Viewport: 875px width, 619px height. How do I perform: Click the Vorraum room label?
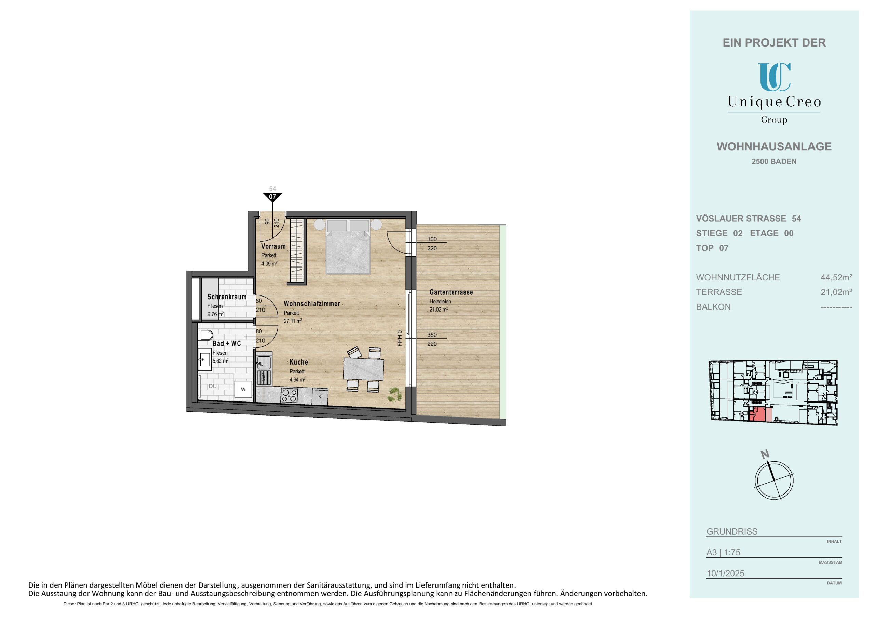pyautogui.click(x=273, y=246)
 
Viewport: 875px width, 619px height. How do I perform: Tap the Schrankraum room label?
pyautogui.click(x=227, y=297)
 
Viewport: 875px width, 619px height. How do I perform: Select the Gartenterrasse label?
pyautogui.click(x=451, y=292)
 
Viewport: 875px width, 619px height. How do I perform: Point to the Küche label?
pyautogui.click(x=298, y=362)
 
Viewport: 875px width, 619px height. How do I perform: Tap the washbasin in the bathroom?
pyautogui.click(x=205, y=359)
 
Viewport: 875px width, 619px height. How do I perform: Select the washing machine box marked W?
pyautogui.click(x=243, y=390)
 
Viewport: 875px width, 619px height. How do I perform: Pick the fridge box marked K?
pyautogui.click(x=320, y=397)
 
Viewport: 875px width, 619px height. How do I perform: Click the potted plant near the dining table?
pyautogui.click(x=393, y=394)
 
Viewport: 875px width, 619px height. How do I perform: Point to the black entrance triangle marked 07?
pyautogui.click(x=272, y=197)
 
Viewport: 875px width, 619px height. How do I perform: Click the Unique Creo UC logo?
pyautogui.click(x=774, y=77)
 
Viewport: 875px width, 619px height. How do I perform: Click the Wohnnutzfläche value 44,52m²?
pyautogui.click(x=836, y=277)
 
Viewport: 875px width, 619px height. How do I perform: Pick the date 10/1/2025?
pyautogui.click(x=725, y=573)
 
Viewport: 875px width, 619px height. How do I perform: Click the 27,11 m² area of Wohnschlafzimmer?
pyautogui.click(x=293, y=321)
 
